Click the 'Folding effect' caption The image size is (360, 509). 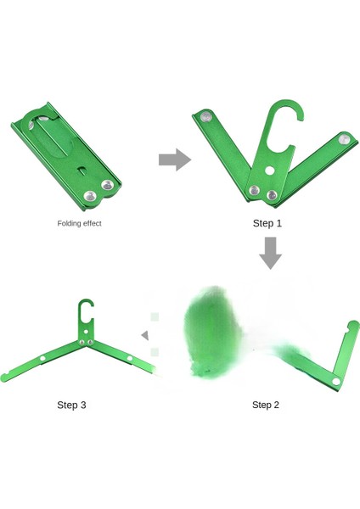tap(79, 223)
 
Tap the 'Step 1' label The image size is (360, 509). tap(267, 223)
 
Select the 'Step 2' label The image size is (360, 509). tap(266, 405)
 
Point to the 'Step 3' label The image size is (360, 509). tap(71, 405)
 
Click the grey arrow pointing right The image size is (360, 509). tap(175, 159)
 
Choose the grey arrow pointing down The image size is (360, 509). tap(270, 253)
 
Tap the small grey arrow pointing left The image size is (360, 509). tap(145, 335)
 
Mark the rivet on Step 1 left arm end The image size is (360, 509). tap(206, 116)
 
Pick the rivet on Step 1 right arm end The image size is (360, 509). tap(345, 140)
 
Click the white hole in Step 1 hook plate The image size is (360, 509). tap(269, 171)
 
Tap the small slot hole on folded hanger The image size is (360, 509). tap(82, 170)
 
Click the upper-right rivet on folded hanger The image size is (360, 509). tap(107, 185)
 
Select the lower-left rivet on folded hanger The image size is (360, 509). tap(90, 196)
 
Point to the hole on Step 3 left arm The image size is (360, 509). tap(42, 359)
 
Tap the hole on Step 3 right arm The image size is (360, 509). tap(130, 358)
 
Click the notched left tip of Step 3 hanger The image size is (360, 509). tap(4, 378)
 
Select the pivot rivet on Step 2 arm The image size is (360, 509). tap(336, 382)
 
